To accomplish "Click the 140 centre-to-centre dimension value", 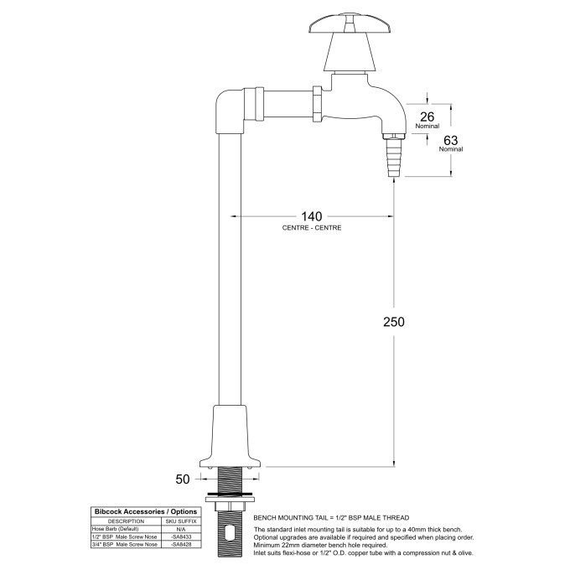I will pos(312,215).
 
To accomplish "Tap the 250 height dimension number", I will pos(395,323).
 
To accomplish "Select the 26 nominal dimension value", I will pos(427,117).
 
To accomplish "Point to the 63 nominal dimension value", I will pos(450,140).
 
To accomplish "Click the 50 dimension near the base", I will pos(182,479).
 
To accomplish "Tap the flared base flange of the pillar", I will pos(231,440).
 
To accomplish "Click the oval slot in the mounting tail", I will pos(231,532).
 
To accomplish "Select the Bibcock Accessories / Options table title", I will pos(145,511).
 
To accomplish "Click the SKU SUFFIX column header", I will pos(180,521).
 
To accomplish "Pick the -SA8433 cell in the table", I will pos(180,536).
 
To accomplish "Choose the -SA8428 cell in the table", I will pos(180,545).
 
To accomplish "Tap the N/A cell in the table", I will pos(180,529).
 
